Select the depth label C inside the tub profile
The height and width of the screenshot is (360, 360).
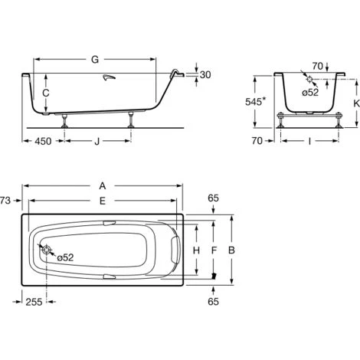(x=47, y=93)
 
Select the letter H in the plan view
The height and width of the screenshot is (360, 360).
(x=196, y=250)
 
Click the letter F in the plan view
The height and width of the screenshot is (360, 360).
(x=214, y=250)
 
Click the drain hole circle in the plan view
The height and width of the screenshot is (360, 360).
(x=47, y=250)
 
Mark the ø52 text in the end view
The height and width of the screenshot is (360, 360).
(x=309, y=92)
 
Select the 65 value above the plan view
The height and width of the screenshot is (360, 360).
(x=214, y=198)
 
